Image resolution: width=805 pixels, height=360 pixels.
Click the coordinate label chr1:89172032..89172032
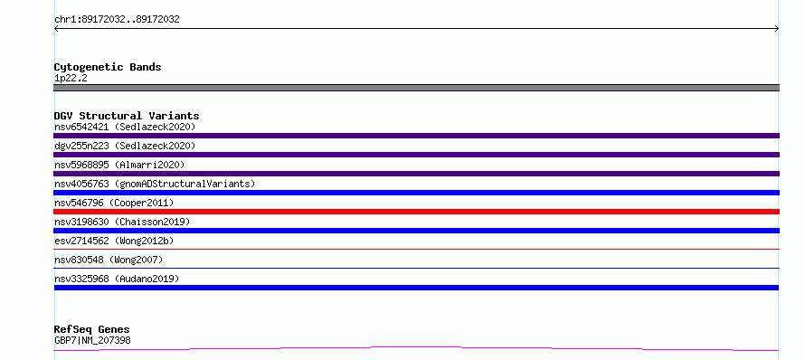(x=117, y=20)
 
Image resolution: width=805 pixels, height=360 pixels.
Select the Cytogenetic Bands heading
(x=108, y=67)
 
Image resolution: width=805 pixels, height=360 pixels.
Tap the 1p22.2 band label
(x=71, y=79)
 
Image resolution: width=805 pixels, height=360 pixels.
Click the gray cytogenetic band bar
(x=416, y=88)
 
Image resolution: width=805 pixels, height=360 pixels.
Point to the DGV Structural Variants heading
(x=127, y=116)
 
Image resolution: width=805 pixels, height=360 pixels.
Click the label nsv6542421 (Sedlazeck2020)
(x=125, y=127)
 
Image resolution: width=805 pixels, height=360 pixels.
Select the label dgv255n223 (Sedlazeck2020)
(x=125, y=146)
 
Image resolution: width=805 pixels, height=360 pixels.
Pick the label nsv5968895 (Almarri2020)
(x=119, y=165)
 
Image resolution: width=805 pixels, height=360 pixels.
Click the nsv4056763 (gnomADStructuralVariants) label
(x=155, y=184)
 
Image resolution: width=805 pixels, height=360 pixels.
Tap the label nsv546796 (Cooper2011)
(x=114, y=203)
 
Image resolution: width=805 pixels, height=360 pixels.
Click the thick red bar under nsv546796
(x=416, y=212)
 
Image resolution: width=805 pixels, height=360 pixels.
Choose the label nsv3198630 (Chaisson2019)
(x=122, y=222)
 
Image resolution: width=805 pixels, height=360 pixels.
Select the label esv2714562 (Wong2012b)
(x=117, y=241)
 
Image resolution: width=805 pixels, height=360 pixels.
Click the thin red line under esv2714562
(x=416, y=249)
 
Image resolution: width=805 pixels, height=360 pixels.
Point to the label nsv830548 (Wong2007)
(x=109, y=260)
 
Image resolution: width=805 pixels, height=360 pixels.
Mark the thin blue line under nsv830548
(x=416, y=268)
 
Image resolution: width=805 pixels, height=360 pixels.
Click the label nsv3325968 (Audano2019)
(x=117, y=279)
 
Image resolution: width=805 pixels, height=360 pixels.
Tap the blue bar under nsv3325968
(x=416, y=288)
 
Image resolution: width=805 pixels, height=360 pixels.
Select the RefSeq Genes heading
(x=91, y=330)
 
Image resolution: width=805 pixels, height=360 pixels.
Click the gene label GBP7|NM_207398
(x=92, y=340)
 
